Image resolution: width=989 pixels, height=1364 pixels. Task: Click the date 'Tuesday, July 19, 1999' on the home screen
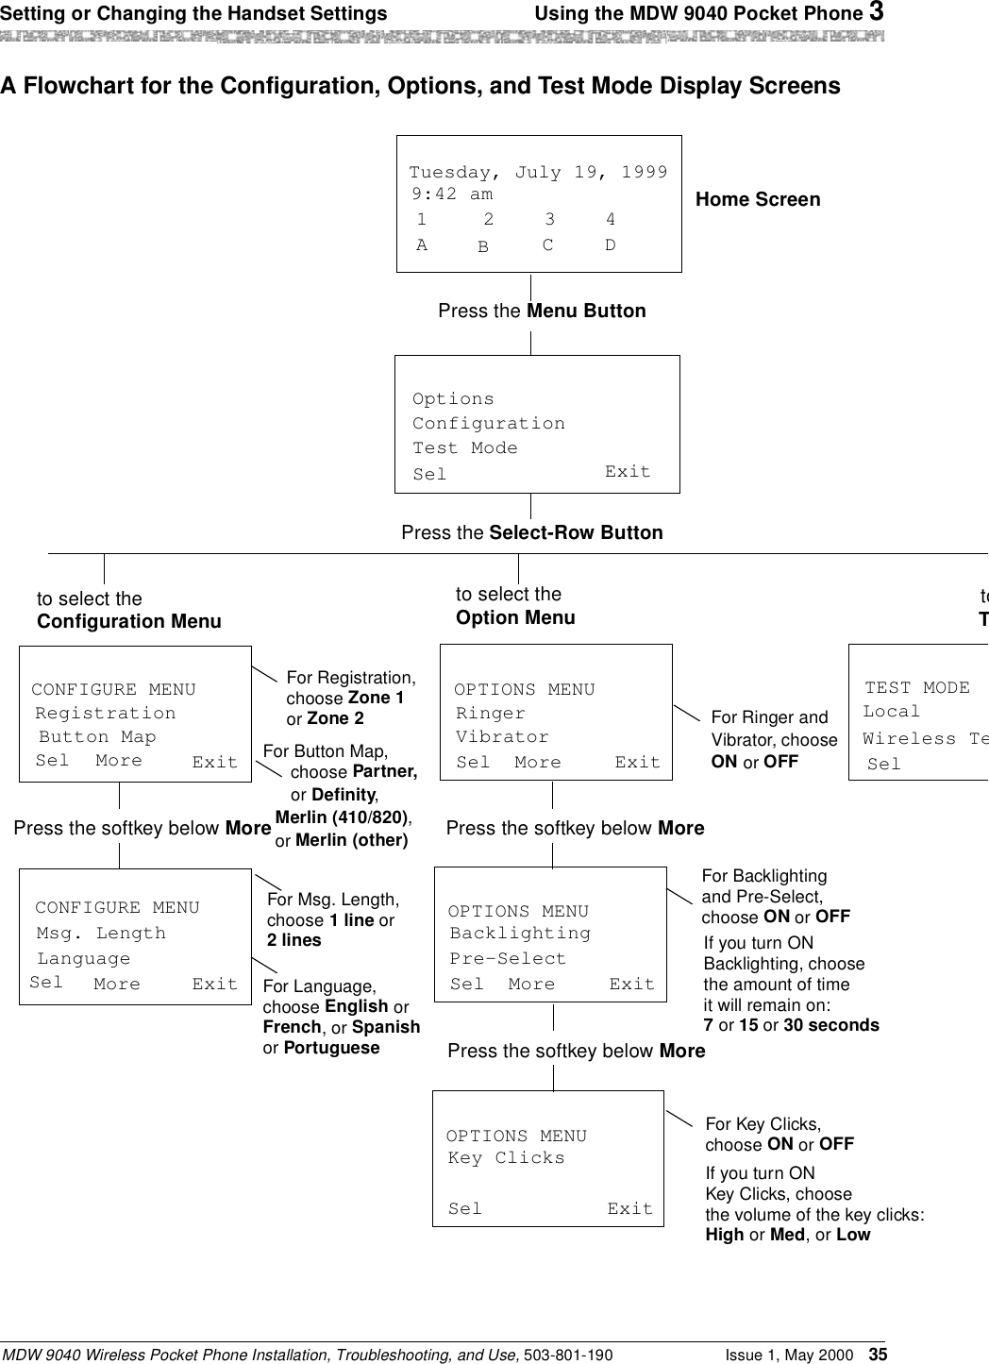[x=538, y=173]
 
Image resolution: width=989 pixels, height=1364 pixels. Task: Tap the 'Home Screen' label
[x=758, y=199]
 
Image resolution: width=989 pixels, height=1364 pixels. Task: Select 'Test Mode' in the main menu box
[x=465, y=447]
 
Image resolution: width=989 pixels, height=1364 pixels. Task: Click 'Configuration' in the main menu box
[x=489, y=423]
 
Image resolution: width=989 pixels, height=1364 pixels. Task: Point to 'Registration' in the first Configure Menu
[x=106, y=713]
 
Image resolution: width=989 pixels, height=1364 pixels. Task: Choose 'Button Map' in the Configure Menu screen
[x=97, y=736]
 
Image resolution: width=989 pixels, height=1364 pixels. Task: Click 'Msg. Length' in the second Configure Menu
[x=101, y=933]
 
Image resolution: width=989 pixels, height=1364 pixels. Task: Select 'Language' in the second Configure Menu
[x=84, y=958]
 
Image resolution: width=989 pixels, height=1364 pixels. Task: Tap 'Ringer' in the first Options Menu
[x=491, y=713]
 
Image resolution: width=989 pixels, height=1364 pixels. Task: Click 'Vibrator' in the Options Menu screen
[x=502, y=736]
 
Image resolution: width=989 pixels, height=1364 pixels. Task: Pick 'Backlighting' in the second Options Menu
[x=520, y=933]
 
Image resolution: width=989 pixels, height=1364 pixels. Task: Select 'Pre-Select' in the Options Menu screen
[x=508, y=958]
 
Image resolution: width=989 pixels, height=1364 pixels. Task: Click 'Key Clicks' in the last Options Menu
[x=507, y=1157]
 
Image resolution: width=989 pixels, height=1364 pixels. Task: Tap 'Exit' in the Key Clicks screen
[x=629, y=1208]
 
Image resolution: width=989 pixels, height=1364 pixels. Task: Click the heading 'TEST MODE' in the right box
[x=917, y=687]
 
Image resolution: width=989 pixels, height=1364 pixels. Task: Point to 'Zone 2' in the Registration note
[x=335, y=718]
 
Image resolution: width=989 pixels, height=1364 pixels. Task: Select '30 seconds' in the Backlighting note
[x=831, y=1025]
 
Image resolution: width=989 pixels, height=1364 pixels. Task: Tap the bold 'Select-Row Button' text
[x=576, y=532]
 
